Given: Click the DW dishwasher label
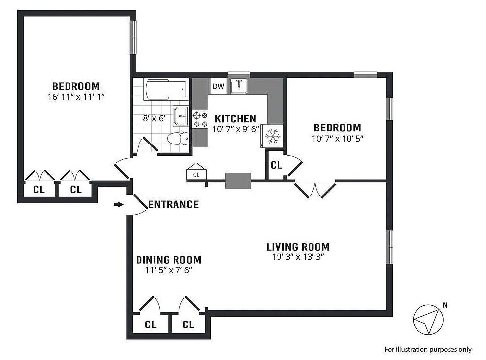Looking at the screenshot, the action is pos(218,86).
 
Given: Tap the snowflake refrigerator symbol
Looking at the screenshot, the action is pos(273,136).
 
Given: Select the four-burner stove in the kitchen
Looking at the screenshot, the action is pos(200,120).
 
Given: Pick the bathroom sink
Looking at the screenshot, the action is pos(181,116).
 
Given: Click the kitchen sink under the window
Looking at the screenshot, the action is pos(239,86).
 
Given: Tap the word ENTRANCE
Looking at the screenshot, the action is pos(174,204).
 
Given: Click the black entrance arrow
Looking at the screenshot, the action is pos(119,204).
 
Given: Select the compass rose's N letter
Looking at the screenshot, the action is pos(445,305).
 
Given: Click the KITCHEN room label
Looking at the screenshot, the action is pos(236,119).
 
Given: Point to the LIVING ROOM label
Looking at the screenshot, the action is pos(298,247).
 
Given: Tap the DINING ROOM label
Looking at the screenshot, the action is pos(169,260).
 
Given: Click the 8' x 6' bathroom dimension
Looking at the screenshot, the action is pos(154,118).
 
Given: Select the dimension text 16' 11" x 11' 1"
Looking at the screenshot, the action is pos(75,97).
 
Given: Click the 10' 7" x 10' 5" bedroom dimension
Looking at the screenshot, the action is pos(338,138).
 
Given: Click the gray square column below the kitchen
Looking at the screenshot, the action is pos(238,181).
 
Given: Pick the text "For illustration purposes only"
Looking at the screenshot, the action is pos(428,350).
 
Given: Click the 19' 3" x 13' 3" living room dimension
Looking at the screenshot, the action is pos(298,257).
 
